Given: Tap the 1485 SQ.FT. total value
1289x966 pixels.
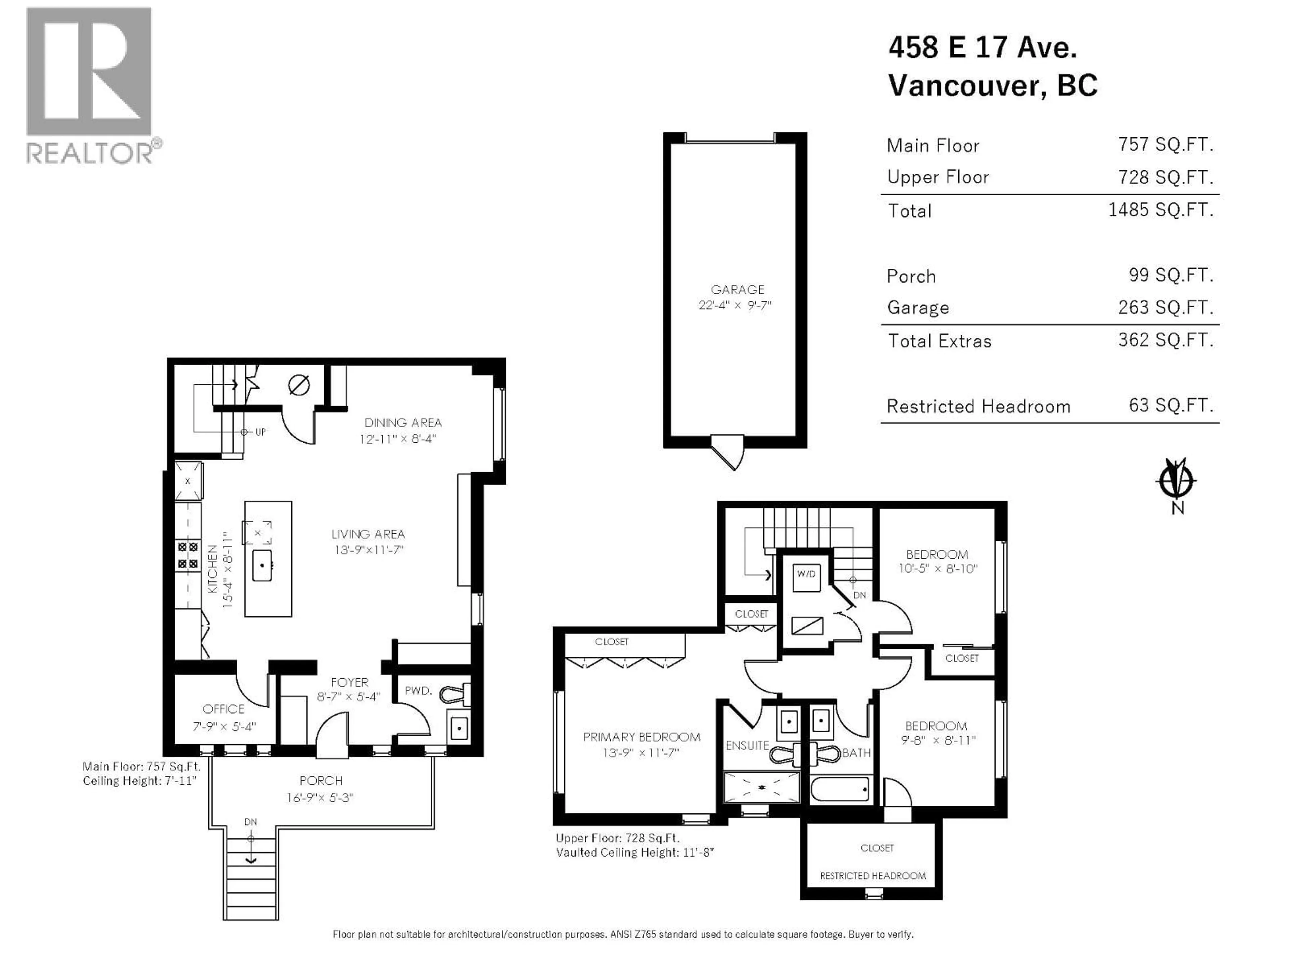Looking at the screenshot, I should (x=1160, y=210).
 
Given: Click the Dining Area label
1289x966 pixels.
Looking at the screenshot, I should (x=403, y=423).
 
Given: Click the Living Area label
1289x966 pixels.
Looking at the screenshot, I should (x=368, y=534).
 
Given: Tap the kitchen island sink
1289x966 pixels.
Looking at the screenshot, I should (x=262, y=565).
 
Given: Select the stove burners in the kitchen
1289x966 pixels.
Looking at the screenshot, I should (x=188, y=555).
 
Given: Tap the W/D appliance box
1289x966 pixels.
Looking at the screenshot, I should (x=807, y=577).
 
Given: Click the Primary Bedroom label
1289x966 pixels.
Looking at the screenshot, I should (x=641, y=737).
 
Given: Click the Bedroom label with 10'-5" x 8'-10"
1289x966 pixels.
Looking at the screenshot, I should (x=937, y=554).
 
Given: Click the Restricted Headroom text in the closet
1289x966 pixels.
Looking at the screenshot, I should (x=872, y=876).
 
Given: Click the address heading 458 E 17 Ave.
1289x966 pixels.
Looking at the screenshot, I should (x=983, y=47).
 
